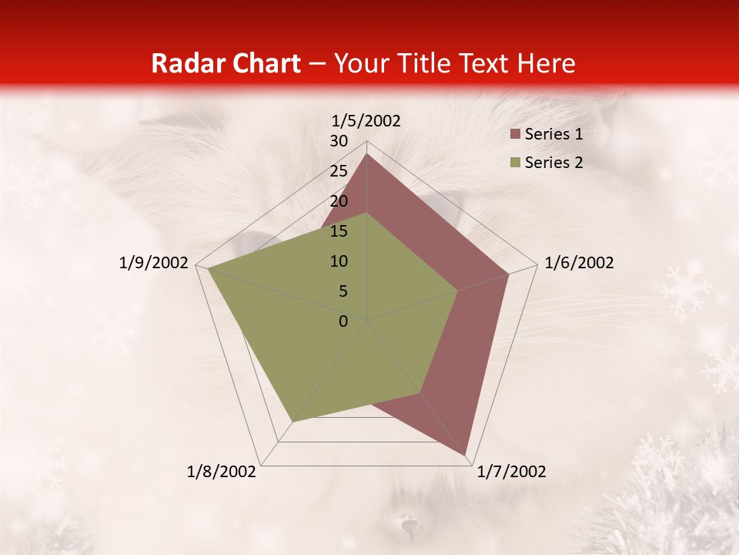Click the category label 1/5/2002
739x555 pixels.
point(366,121)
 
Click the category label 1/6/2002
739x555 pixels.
point(579,263)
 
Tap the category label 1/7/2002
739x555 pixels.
point(511,472)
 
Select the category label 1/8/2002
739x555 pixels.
point(222,472)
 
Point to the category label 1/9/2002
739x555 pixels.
point(154,263)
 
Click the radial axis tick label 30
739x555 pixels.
point(339,141)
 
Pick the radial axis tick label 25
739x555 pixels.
point(339,171)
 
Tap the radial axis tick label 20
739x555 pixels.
point(339,201)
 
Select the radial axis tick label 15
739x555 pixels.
point(339,231)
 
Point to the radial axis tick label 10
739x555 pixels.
point(339,261)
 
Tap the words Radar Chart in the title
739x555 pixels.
point(226,63)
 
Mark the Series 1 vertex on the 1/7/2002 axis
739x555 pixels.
point(466,456)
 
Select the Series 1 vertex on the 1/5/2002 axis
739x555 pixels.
point(366,153)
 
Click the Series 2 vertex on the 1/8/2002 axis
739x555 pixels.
point(292,422)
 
